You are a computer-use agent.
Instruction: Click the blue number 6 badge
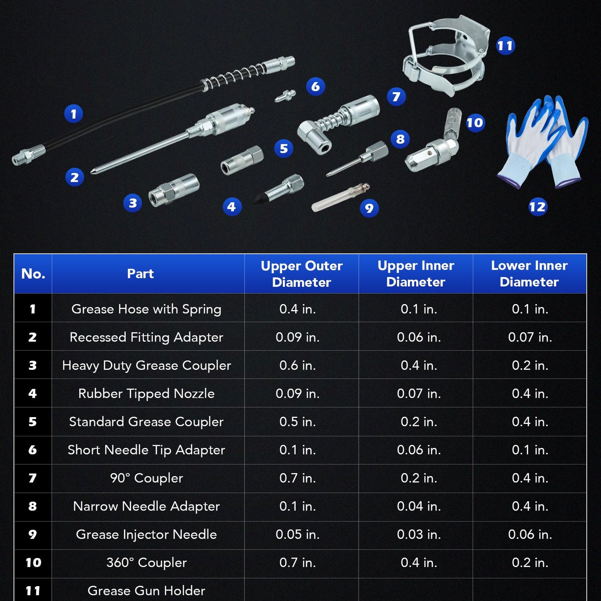point(315,87)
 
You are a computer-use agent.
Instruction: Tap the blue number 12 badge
point(537,207)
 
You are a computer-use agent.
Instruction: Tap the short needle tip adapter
point(285,96)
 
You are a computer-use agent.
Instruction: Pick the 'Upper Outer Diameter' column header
point(302,274)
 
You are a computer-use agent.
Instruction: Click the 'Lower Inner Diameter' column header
point(529,274)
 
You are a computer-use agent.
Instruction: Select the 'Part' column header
point(140,274)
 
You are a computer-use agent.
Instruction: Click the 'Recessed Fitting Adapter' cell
point(146,337)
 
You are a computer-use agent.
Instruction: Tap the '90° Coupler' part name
point(146,478)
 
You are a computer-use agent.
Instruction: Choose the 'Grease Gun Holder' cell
point(146,591)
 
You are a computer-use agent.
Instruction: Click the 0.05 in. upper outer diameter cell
point(298,534)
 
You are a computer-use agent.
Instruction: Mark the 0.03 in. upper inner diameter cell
point(419,534)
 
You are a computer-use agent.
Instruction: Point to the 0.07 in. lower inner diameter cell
point(530,337)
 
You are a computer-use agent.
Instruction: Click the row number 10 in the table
point(33,563)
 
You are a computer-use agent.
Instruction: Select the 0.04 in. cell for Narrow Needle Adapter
point(419,506)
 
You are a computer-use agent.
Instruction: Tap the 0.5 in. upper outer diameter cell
point(298,422)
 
